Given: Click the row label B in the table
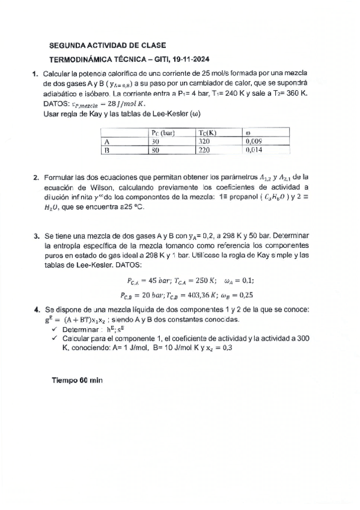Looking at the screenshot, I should [x=106, y=152].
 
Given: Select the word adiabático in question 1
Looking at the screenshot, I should [x=62, y=94].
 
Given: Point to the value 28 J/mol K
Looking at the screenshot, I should [x=120, y=103].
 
